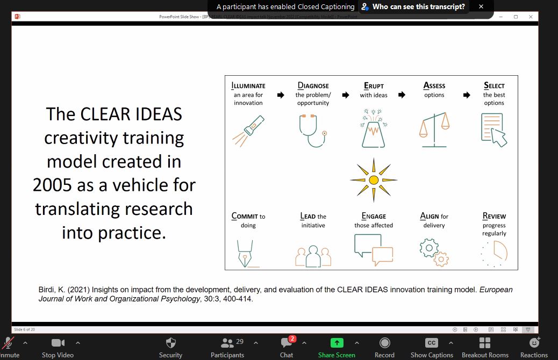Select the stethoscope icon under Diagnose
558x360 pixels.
pyautogui.click(x=313, y=131)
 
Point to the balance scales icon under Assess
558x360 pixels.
pyautogui.click(x=434, y=130)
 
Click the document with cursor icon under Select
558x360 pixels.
pyautogui.click(x=494, y=130)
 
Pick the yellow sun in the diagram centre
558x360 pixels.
pyautogui.click(x=374, y=179)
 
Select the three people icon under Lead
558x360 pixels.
pyautogui.click(x=313, y=256)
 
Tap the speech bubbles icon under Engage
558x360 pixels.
pyautogui.click(x=374, y=250)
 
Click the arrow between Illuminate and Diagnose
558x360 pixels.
pyautogui.click(x=281, y=95)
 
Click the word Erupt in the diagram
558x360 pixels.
pyautogui.click(x=374, y=86)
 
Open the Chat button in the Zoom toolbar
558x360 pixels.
pyautogui.click(x=287, y=347)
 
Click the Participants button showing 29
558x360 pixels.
pyautogui.click(x=227, y=347)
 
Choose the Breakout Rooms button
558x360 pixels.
pyautogui.click(x=485, y=347)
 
